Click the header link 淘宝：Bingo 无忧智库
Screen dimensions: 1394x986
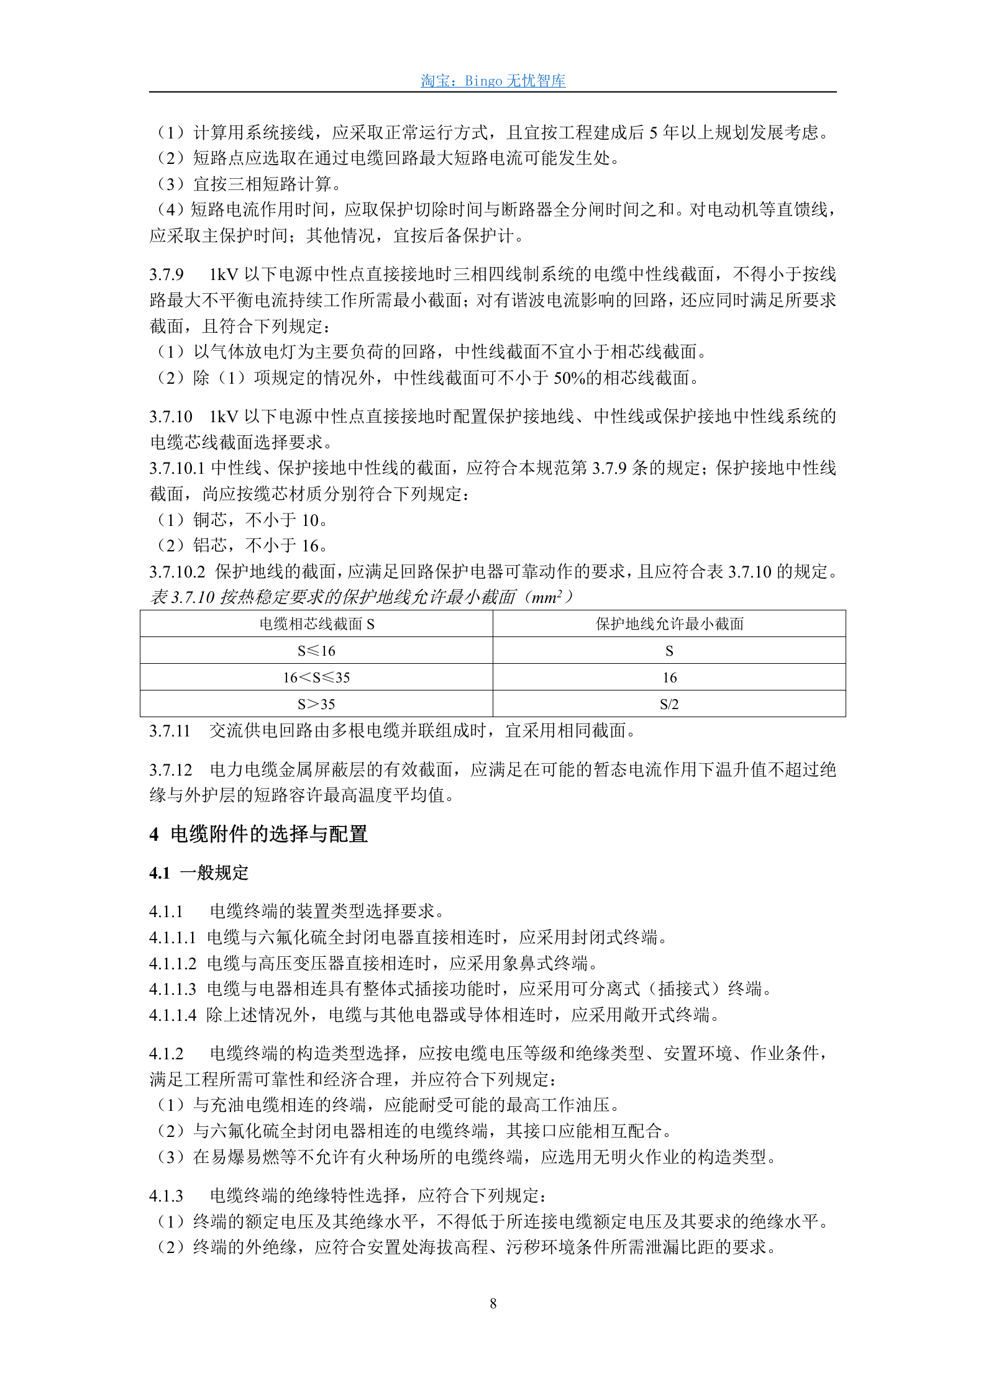pos(493,81)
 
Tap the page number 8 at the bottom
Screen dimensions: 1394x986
pos(493,1303)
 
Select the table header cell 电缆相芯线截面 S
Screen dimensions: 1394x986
pos(316,624)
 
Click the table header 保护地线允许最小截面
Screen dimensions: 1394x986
pos(669,624)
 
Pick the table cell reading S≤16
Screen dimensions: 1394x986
pos(316,651)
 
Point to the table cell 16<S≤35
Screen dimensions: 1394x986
pos(316,677)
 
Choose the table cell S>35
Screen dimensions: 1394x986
pos(316,704)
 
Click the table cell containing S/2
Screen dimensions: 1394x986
pos(669,704)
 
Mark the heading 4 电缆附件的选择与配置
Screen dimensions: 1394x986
pos(258,834)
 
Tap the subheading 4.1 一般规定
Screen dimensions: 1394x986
pos(198,873)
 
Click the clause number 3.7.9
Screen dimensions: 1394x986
pos(167,274)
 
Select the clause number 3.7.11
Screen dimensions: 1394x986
pos(170,731)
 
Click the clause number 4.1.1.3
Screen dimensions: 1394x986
pos(173,989)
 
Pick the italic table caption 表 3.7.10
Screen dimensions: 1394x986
pos(183,597)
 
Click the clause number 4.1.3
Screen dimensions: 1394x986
pos(167,1196)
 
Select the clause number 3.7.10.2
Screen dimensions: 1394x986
pos(177,572)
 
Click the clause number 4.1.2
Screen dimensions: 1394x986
pos(167,1054)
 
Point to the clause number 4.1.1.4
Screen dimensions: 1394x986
pos(173,1015)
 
